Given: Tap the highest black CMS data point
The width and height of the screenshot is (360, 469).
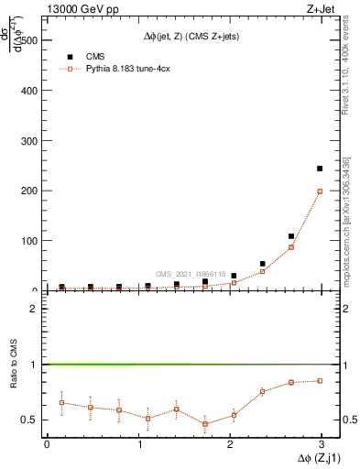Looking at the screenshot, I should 319,169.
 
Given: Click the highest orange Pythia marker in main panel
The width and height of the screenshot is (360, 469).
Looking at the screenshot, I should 319,191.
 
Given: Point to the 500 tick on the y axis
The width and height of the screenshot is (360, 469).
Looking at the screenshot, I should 27,41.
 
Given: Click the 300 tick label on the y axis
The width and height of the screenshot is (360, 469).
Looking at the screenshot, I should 27,141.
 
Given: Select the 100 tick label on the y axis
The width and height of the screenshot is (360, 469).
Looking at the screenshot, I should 27,241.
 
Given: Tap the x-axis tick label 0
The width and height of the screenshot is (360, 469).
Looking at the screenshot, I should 47,444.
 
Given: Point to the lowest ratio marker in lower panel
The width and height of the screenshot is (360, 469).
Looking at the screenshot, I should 205,424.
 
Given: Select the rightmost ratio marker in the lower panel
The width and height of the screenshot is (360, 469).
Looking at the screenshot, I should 319,380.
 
